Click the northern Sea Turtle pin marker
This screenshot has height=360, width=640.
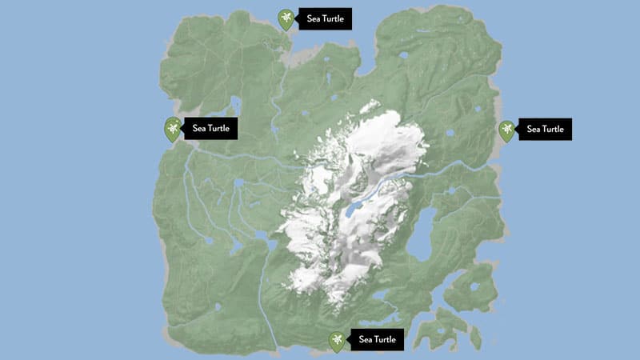pyautogui.click(x=286, y=18)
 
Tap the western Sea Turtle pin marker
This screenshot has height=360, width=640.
pyautogui.click(x=172, y=127)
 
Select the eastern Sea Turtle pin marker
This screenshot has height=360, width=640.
pyautogui.click(x=506, y=129)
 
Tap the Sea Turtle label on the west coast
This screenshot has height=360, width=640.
pyautogui.click(x=211, y=128)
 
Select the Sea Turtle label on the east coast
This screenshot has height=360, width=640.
pyautogui.click(x=546, y=129)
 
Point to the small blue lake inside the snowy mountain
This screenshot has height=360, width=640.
pyautogui.click(x=352, y=211)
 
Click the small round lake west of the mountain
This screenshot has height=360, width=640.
pyautogui.click(x=238, y=183)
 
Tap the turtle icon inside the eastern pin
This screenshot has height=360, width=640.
pyautogui.click(x=506, y=127)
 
